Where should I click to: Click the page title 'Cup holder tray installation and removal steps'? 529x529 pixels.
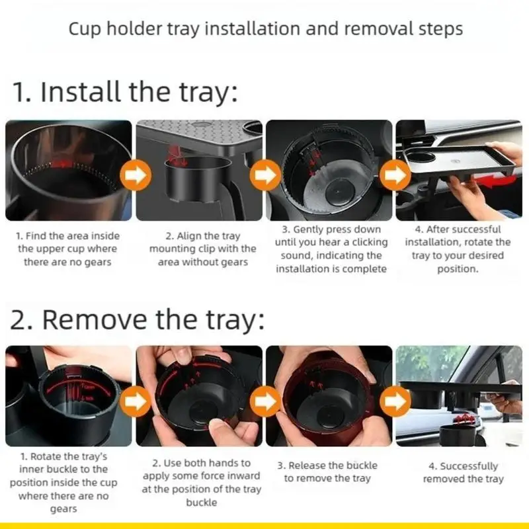pos(265,30)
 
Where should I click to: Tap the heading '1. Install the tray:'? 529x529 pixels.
pos(125,92)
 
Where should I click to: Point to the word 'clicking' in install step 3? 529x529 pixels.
pos(366,242)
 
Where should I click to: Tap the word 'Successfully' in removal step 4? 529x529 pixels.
pos(469,466)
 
